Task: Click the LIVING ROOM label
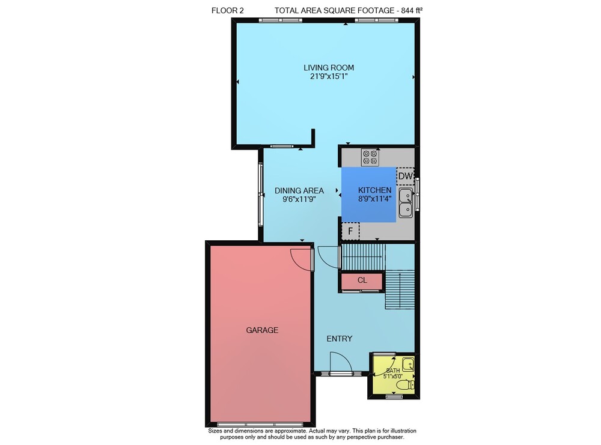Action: (329, 68)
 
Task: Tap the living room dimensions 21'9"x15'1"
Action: (329, 76)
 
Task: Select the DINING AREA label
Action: (299, 190)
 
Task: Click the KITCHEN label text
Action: (375, 190)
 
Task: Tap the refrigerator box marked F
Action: (350, 231)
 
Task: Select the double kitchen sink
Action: (406, 202)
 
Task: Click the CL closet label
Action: (362, 280)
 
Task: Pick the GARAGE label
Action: (262, 330)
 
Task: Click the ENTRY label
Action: (340, 339)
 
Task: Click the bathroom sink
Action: (408, 363)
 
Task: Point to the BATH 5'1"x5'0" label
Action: (393, 373)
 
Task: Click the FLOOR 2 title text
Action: (227, 11)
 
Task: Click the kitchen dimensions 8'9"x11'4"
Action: (375, 199)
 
